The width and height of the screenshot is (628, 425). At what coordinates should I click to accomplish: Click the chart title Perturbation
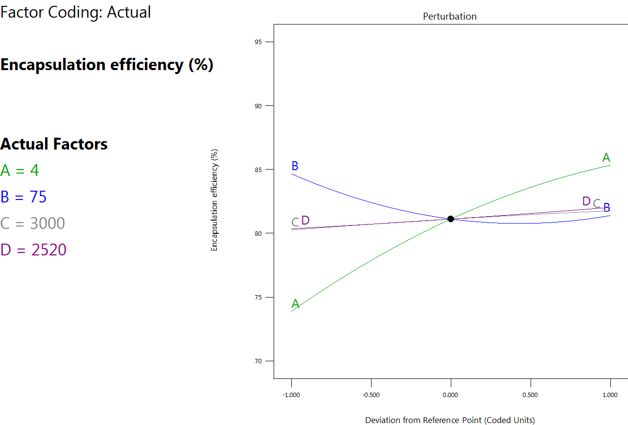click(x=449, y=16)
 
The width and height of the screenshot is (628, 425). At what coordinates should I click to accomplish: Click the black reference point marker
click(x=451, y=219)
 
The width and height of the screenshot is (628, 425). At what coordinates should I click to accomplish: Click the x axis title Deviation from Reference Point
click(x=450, y=420)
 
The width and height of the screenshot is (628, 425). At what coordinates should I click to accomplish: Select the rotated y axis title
click(x=214, y=200)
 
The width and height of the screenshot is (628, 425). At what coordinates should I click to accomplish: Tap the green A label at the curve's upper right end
click(x=606, y=158)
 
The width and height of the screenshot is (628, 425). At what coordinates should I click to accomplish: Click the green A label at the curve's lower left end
click(x=295, y=304)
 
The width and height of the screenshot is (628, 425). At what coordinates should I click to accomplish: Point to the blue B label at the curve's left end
click(x=295, y=166)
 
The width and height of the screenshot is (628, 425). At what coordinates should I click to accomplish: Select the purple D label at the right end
click(x=586, y=201)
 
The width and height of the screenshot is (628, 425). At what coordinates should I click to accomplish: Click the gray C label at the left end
click(x=295, y=223)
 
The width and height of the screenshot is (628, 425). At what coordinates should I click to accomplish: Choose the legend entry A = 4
click(x=20, y=171)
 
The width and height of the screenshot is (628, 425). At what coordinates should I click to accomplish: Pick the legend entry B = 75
click(x=23, y=197)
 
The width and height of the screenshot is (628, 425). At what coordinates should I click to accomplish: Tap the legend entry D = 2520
click(x=33, y=250)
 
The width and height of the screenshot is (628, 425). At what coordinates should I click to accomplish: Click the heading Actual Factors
click(x=54, y=144)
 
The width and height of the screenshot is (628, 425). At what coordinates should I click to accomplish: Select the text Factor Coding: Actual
click(x=75, y=12)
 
